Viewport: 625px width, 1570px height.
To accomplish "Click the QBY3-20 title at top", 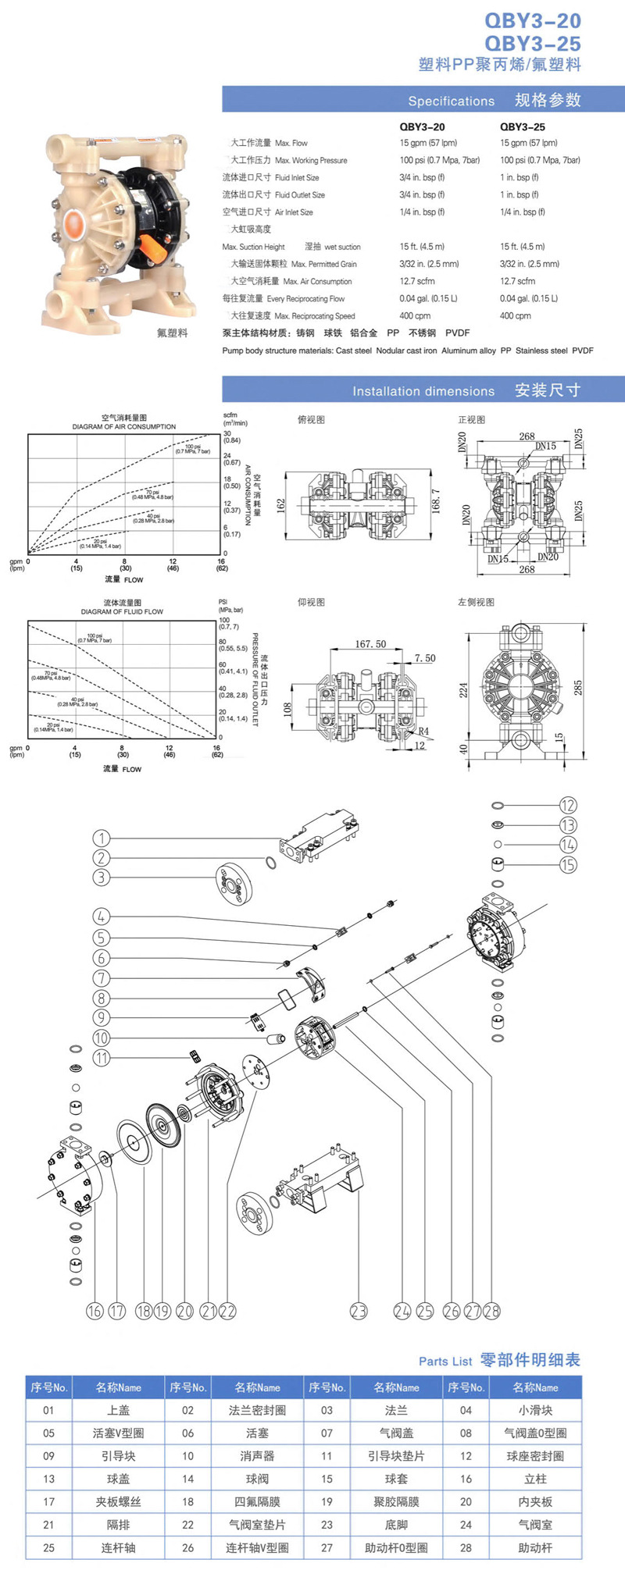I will tap(532, 20).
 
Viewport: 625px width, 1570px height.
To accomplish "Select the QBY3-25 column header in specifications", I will tap(522, 126).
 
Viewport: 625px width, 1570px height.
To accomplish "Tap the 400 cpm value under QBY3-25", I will tap(515, 315).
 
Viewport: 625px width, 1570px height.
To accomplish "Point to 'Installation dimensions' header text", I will tap(423, 391).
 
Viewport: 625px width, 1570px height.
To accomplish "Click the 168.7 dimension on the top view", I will tap(436, 501).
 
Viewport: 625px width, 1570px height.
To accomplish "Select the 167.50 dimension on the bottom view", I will tap(370, 644).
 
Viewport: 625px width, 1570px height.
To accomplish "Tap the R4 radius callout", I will tap(423, 731).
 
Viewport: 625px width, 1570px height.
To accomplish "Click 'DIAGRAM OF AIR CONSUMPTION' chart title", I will tap(124, 427).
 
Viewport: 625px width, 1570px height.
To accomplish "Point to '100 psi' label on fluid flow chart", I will tap(95, 636).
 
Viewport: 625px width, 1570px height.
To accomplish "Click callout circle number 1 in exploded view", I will tap(101, 838).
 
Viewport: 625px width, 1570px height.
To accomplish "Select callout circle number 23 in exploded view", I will tap(358, 1311).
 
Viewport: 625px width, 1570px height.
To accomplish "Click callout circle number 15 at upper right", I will tap(568, 864).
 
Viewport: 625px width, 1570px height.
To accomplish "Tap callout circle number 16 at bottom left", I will tap(95, 1311).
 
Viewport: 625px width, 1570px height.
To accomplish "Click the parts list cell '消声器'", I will tap(257, 1456).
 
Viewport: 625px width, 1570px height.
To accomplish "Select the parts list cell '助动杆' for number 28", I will tap(535, 1547).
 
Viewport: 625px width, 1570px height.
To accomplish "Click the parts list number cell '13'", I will tap(48, 1479).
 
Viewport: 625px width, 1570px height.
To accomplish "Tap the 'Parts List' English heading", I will tap(445, 1362).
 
